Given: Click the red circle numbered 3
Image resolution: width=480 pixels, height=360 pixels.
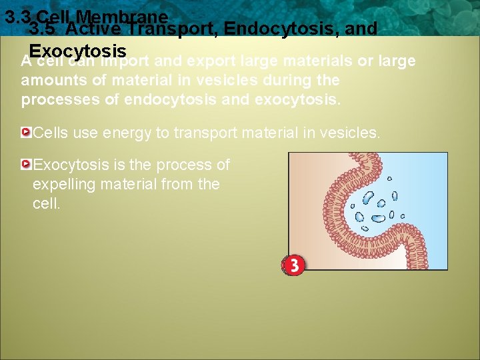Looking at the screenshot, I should tap(293, 265).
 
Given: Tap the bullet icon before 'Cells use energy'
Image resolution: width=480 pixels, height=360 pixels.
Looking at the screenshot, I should tap(26, 133).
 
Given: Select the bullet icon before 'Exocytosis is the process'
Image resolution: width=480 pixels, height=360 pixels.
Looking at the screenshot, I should tap(26, 164).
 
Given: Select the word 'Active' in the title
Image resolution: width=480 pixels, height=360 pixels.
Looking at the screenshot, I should tap(94, 29).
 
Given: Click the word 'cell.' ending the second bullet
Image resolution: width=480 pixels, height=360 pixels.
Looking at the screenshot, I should tap(47, 203).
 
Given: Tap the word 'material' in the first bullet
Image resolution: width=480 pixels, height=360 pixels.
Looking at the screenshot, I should tap(268, 133).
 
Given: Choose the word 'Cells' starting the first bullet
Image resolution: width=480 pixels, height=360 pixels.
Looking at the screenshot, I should tap(49, 133).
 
